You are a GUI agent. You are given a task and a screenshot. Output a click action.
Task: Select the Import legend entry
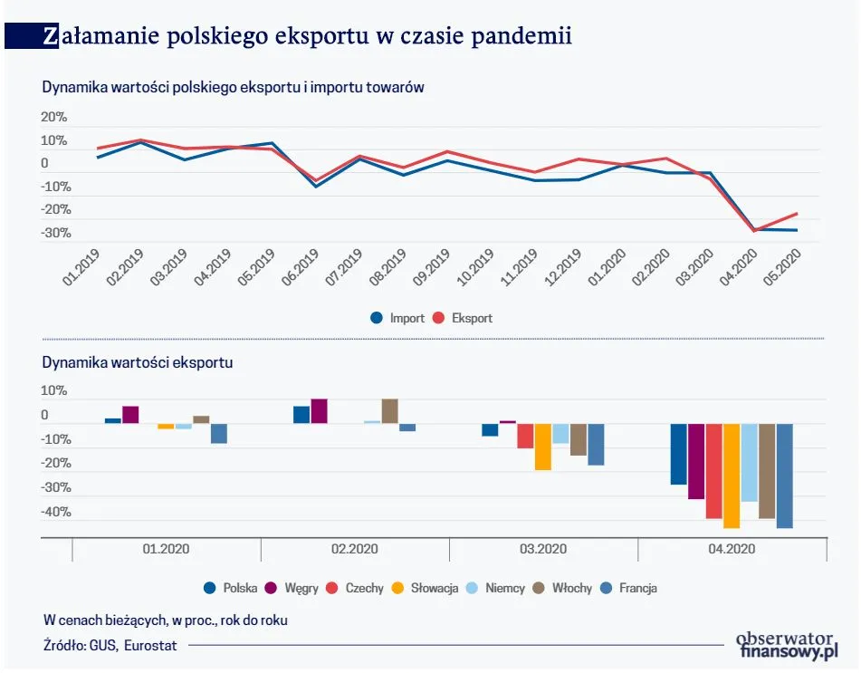click(x=397, y=318)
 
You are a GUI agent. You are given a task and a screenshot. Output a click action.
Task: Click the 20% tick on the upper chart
click(x=54, y=118)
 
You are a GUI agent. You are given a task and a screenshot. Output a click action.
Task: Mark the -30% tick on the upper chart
click(x=54, y=234)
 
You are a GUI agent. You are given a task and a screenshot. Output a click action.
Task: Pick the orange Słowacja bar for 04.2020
click(x=732, y=476)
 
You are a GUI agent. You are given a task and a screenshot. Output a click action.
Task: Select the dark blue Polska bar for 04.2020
click(x=678, y=454)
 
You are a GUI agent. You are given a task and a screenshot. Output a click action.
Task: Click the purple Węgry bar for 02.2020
click(x=319, y=411)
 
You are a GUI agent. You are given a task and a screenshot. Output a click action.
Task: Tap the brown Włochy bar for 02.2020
click(x=389, y=411)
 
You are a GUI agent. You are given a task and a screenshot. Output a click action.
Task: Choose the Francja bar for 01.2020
click(x=219, y=433)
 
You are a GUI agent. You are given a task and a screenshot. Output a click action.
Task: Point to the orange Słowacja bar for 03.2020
click(x=543, y=447)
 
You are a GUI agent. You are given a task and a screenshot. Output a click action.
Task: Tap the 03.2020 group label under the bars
click(x=543, y=549)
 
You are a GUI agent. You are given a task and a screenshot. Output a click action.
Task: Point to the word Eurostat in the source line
click(x=150, y=645)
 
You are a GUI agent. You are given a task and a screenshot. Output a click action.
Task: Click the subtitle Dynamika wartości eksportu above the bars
click(x=138, y=362)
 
